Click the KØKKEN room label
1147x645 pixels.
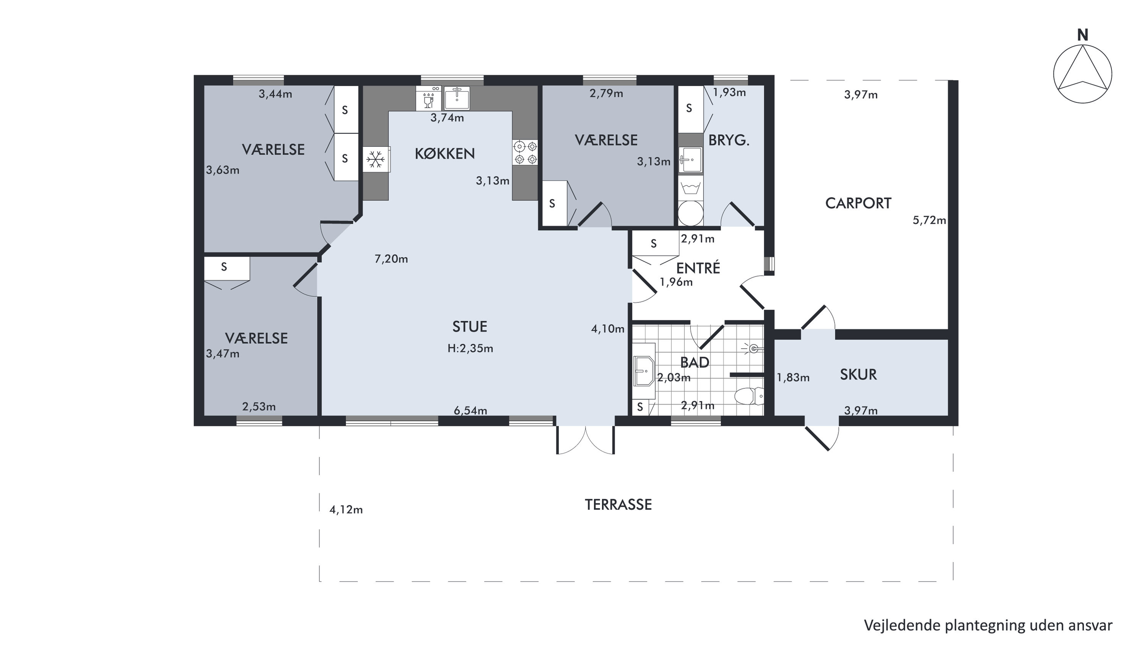[x=444, y=154]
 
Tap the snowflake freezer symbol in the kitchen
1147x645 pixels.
[x=376, y=159]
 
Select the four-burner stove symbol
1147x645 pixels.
[x=526, y=153]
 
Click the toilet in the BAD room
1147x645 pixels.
[x=748, y=396]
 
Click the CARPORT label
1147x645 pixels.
[x=858, y=203]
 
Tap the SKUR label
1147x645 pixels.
[x=858, y=374]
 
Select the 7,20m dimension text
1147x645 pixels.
[x=391, y=258]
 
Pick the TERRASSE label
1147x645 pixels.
[x=618, y=504]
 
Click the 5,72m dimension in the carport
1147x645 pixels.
[x=929, y=220]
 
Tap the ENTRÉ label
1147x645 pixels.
[x=698, y=268]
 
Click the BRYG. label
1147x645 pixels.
[x=729, y=140]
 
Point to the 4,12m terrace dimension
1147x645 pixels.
[x=346, y=510]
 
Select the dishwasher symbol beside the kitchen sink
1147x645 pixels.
[x=428, y=98]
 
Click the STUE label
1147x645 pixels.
[x=470, y=327]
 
